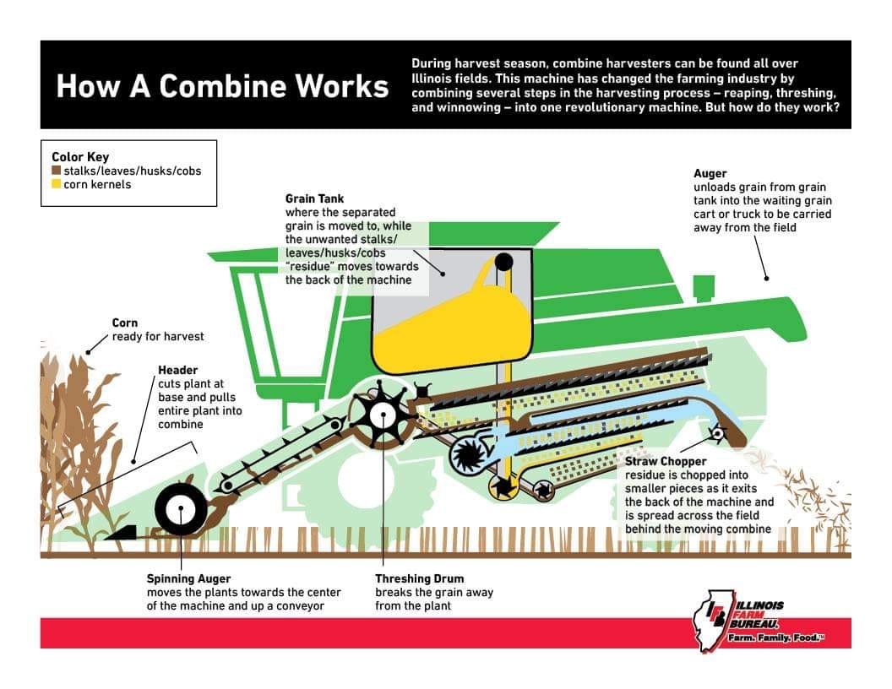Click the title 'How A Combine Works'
point(222,86)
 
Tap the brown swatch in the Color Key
point(57,171)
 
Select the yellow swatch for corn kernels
point(57,184)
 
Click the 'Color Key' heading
point(80,157)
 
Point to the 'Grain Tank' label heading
point(314,198)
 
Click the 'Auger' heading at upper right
point(710,173)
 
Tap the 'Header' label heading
point(178,370)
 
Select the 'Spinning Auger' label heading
point(189,578)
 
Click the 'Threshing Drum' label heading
point(419,578)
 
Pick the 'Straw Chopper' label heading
point(666,462)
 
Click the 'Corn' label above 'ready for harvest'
point(124,323)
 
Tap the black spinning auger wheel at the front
point(180,510)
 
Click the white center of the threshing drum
point(382,415)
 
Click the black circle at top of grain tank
point(503,262)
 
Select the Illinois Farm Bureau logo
point(757,621)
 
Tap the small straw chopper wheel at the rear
point(717,434)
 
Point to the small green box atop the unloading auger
point(704,288)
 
